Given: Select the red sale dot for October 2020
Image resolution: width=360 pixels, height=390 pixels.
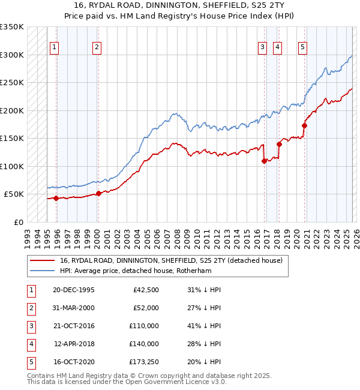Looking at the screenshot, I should tap(304, 125).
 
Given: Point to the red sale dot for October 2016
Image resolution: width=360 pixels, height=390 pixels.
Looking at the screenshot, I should tap(264, 161).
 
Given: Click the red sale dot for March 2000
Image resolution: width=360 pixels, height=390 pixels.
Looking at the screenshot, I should tap(98, 193).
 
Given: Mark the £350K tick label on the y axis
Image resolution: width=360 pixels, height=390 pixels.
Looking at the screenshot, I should tap(12, 27).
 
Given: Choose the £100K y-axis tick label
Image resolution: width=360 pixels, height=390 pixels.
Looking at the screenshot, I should tap(12, 166).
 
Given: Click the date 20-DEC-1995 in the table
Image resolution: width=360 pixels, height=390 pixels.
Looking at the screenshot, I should tap(73, 290).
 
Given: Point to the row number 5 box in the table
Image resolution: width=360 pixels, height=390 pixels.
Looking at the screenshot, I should tap(30, 362).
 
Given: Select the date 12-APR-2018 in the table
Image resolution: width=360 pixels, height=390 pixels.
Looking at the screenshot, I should tap(73, 344).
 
